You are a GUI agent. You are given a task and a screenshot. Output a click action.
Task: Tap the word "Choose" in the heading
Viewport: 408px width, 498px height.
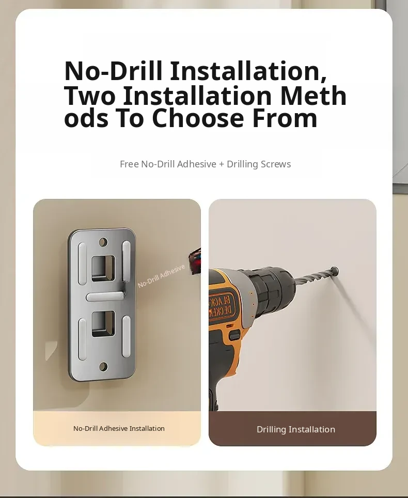point(197,118)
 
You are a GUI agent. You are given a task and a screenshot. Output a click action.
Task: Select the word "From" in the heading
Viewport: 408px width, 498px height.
point(285,118)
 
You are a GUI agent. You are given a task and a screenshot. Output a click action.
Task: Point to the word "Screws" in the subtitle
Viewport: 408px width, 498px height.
point(275,164)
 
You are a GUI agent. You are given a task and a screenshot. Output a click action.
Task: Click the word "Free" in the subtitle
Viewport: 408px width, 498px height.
point(129,164)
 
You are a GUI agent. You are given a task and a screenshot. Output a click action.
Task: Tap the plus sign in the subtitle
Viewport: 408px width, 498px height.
point(222,164)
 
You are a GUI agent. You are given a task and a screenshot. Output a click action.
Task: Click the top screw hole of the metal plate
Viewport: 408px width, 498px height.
point(103,242)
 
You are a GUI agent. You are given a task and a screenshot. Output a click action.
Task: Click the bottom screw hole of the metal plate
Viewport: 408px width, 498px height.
point(103,367)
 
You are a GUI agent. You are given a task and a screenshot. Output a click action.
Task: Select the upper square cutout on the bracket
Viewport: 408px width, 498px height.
point(103,269)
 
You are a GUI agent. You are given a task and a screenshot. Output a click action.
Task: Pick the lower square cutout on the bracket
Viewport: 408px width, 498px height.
point(103,324)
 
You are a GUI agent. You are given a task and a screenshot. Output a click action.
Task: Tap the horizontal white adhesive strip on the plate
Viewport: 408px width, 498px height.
point(105,297)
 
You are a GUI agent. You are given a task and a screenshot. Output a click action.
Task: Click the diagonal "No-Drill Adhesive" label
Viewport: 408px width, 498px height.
point(161,276)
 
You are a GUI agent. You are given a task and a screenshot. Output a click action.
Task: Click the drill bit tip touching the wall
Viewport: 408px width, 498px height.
point(335,271)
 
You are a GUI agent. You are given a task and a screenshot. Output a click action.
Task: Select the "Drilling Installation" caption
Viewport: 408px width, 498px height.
point(295,429)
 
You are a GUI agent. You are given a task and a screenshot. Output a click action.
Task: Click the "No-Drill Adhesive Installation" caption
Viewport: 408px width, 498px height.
point(119,428)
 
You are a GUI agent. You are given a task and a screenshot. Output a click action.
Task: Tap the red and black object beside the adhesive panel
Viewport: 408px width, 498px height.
point(195,261)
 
